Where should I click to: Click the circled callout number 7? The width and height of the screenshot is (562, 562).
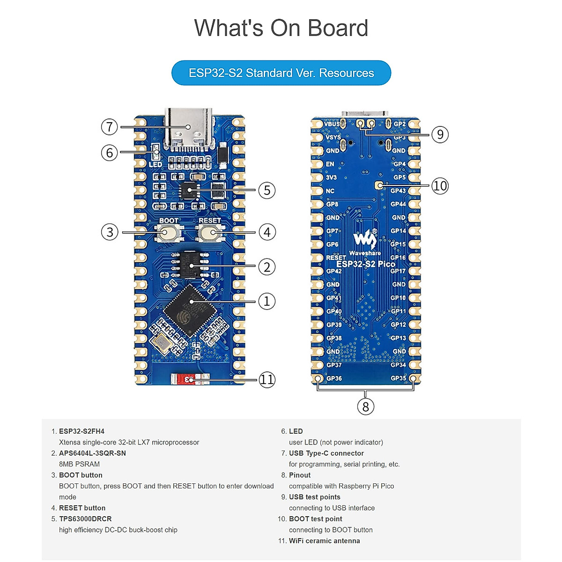(109, 126)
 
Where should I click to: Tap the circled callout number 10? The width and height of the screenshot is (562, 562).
(440, 185)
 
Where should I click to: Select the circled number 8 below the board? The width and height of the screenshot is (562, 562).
(366, 407)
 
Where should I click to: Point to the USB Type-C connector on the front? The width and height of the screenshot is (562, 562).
(188, 127)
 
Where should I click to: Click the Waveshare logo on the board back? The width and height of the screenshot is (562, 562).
(365, 240)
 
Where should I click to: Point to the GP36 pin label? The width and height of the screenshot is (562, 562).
(334, 378)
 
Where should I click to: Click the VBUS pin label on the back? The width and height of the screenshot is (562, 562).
(332, 124)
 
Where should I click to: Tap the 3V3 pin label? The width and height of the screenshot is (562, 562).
(331, 177)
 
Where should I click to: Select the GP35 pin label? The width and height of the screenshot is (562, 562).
(398, 378)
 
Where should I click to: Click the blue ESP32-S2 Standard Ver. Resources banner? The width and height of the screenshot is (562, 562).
(281, 73)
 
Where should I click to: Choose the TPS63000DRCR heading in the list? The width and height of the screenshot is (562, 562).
(85, 519)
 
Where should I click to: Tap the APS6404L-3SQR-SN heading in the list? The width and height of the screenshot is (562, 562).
(92, 453)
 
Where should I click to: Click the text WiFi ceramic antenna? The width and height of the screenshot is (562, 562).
(324, 541)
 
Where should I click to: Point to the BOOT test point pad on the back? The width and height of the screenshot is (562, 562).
(379, 185)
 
